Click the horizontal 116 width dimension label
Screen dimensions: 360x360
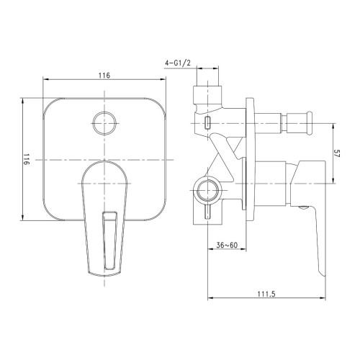coord(104,76)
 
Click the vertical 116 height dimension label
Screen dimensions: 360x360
coord(26,159)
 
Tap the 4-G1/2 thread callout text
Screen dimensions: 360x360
coord(178,63)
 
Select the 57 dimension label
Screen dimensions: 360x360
coord(337,153)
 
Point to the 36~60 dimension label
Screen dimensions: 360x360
coord(227,245)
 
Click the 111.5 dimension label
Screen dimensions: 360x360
coord(266,294)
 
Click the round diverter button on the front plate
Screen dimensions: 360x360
coord(104,123)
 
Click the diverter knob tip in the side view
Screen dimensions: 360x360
coord(310,123)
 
